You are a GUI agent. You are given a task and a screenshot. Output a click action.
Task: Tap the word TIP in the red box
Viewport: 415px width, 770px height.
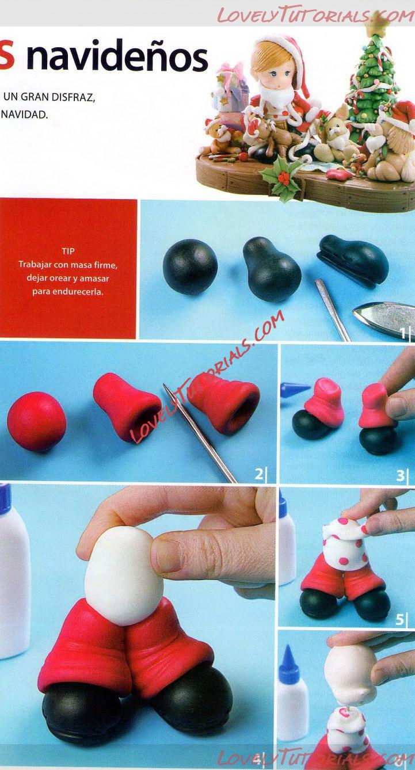(68, 251)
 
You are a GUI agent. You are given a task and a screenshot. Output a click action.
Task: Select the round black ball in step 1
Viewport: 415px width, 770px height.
(190, 266)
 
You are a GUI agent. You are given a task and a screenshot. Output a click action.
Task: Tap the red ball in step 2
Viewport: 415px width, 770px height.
(36, 421)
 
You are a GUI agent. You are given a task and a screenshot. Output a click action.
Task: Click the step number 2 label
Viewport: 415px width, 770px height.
(258, 474)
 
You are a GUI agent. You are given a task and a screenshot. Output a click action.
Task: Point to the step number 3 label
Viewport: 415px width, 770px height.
(400, 475)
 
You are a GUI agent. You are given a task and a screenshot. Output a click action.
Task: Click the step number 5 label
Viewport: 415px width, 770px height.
(399, 619)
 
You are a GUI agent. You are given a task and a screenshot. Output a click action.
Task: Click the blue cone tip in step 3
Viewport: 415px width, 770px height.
(294, 390)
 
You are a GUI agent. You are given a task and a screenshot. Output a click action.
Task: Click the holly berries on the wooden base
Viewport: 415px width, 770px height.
(284, 177)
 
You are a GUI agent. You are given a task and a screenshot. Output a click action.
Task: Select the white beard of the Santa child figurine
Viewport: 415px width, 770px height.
(277, 96)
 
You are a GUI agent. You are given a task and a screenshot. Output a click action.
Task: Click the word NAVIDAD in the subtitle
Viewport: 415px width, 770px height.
(24, 115)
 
